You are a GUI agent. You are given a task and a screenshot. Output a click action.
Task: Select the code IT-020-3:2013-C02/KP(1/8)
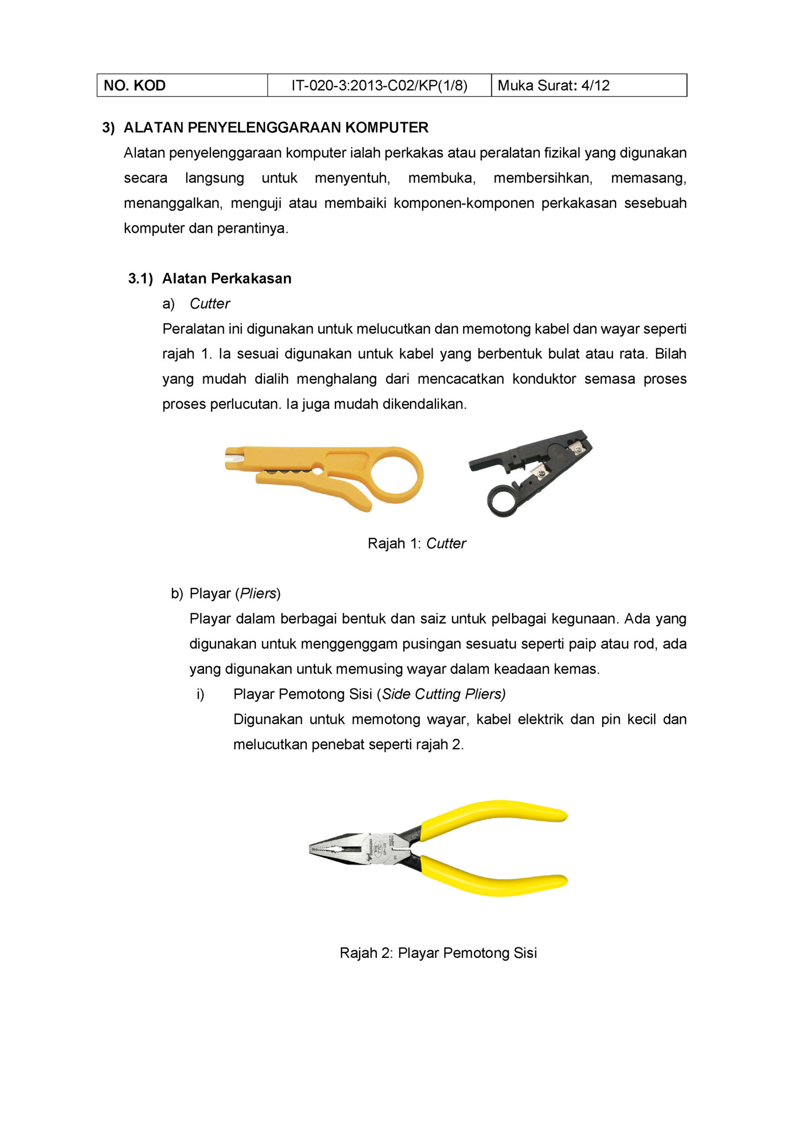(x=379, y=86)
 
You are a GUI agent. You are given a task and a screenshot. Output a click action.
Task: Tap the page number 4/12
(x=596, y=86)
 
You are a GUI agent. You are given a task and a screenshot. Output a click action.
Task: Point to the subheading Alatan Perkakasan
(x=227, y=279)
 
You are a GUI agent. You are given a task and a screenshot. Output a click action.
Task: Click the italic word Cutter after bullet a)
(x=210, y=304)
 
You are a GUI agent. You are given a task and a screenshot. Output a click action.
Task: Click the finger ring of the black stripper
(x=503, y=501)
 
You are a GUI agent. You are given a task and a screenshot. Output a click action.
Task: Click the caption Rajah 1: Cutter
(x=417, y=544)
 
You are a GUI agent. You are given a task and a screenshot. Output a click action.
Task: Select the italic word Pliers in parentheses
(x=258, y=594)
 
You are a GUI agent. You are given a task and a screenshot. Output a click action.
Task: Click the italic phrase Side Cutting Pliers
(x=444, y=694)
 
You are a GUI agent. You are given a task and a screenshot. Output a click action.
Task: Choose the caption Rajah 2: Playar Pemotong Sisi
(x=438, y=953)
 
